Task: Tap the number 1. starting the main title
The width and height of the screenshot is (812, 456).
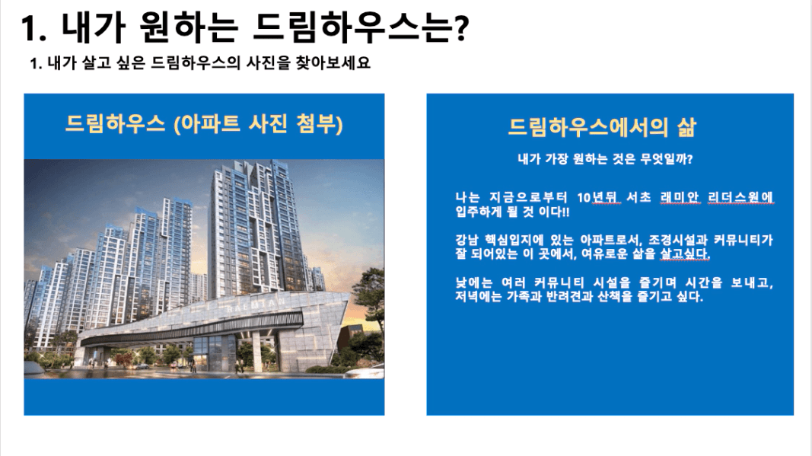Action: pyautogui.click(x=33, y=27)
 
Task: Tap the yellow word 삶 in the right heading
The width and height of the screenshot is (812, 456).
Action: pyautogui.click(x=686, y=127)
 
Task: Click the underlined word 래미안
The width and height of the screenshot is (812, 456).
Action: pyautogui.click(x=680, y=197)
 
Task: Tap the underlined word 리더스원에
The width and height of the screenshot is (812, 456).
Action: pyautogui.click(x=740, y=197)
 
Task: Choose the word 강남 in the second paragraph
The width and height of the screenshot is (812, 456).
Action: pyautogui.click(x=467, y=240)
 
